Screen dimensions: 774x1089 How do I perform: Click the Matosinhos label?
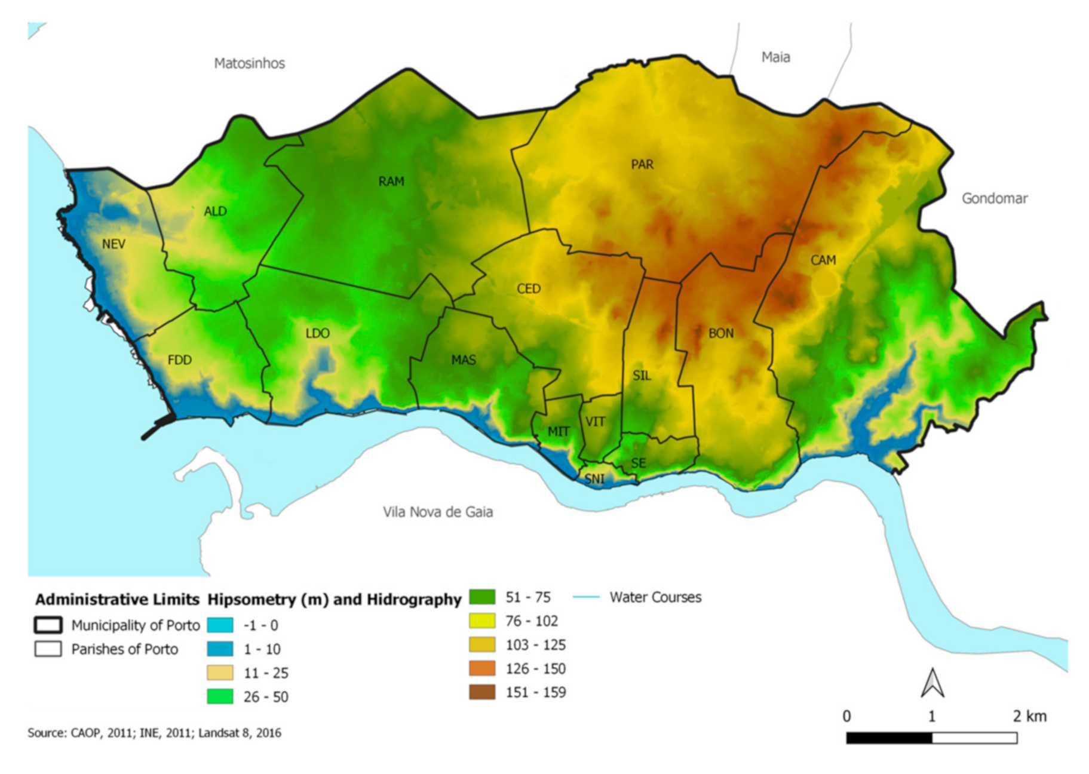(249, 63)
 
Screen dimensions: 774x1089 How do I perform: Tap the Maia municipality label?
(775, 57)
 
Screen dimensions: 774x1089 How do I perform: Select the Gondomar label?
(994, 198)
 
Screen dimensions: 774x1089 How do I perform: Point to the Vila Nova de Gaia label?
(437, 512)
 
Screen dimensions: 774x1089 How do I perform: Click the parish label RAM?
(391, 182)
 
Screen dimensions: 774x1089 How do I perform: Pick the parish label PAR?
(642, 164)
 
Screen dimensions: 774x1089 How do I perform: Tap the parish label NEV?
(113, 244)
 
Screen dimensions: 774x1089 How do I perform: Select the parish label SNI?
(594, 479)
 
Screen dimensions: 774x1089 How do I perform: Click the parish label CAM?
(823, 260)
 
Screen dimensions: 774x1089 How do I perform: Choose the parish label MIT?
(559, 431)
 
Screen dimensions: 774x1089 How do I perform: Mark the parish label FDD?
(179, 360)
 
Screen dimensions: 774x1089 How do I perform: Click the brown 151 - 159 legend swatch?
(482, 692)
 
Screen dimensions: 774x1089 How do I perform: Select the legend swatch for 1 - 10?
(220, 649)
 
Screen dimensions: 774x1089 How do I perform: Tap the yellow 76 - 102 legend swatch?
(482, 621)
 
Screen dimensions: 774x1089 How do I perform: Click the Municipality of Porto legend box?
(48, 625)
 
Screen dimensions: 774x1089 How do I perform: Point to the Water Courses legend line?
(586, 597)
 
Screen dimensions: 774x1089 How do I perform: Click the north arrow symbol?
(932, 683)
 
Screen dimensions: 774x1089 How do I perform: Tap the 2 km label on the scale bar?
(1029, 716)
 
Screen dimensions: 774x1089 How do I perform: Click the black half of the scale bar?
(889, 738)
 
